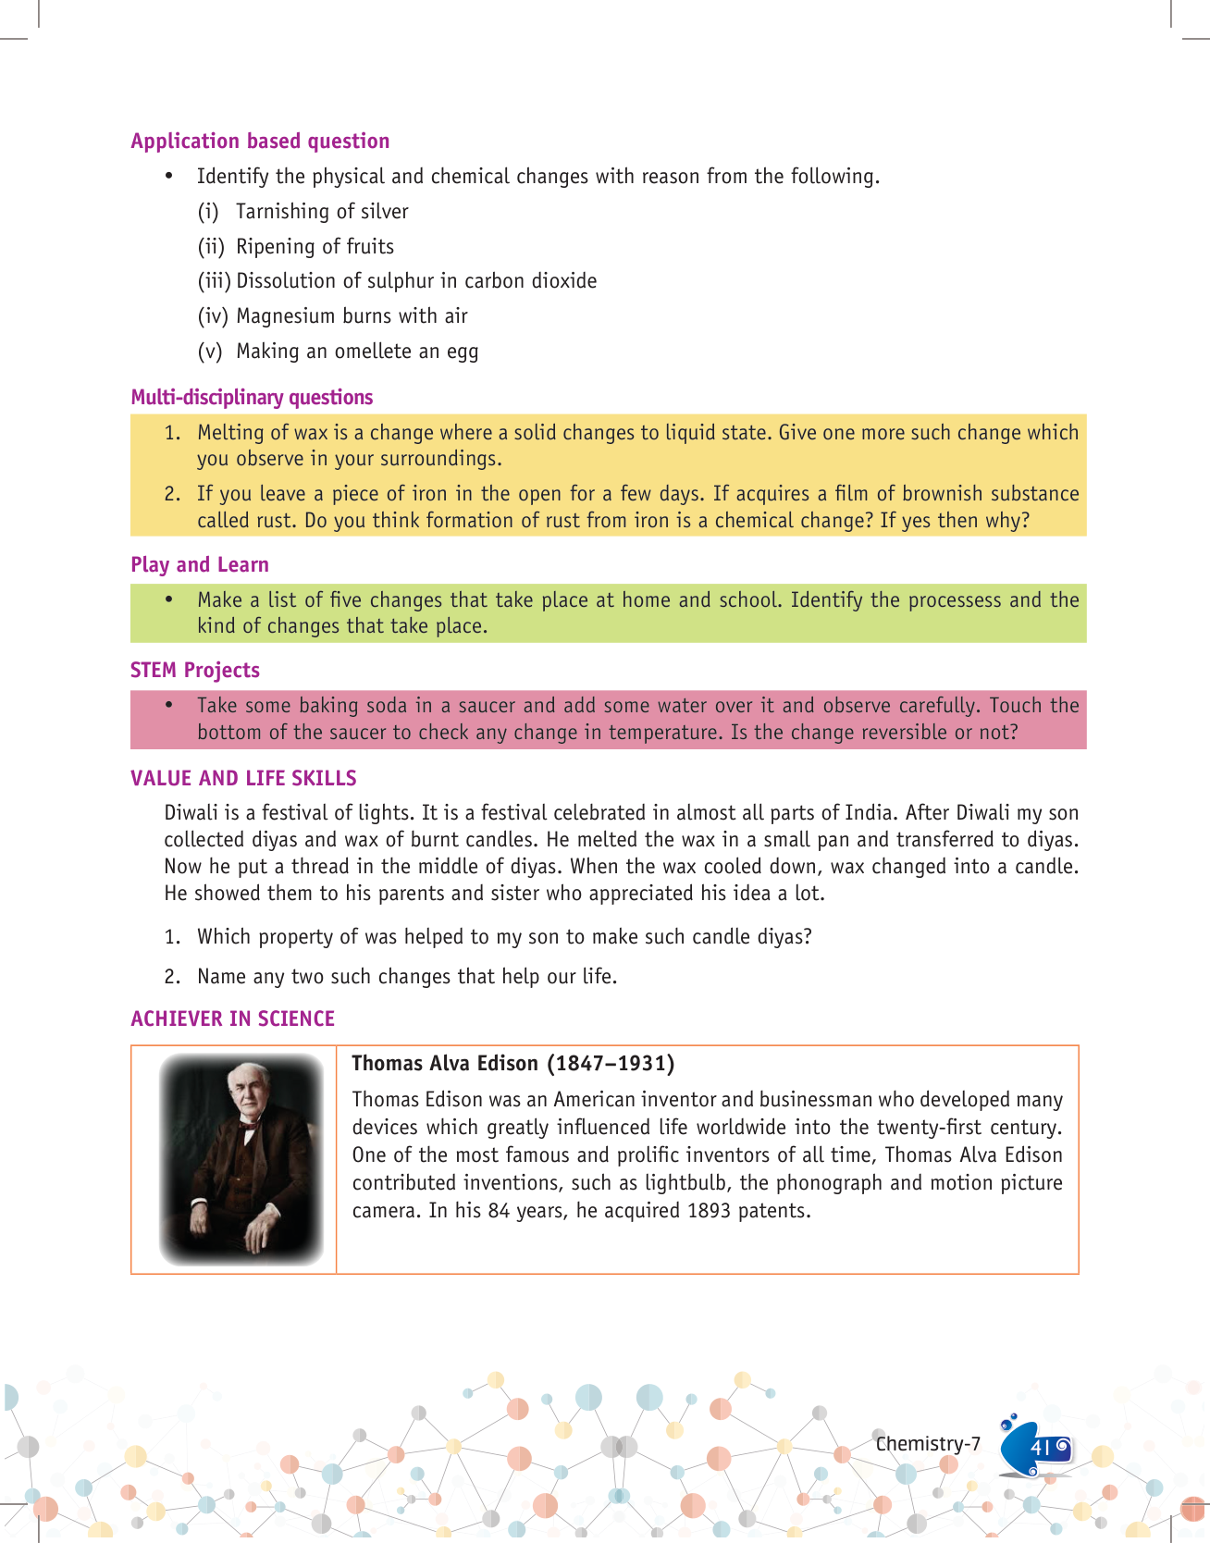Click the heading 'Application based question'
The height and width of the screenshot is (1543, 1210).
point(260,141)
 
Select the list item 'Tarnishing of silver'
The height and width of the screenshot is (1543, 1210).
point(322,212)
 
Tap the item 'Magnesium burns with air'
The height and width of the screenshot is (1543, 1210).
point(352,316)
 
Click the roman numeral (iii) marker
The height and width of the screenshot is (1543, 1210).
point(214,281)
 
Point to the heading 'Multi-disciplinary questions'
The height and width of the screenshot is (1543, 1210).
point(252,397)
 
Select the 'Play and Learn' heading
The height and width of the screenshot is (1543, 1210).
point(200,564)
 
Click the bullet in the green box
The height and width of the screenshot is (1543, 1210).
point(169,599)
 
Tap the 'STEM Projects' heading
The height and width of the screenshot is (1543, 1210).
point(195,670)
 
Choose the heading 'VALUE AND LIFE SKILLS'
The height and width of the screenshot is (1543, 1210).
point(243,778)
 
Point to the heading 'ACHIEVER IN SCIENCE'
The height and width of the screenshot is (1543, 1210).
point(233,1018)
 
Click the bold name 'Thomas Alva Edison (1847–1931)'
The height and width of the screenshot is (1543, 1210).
point(513,1063)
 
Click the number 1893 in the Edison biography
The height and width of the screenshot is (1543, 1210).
point(709,1210)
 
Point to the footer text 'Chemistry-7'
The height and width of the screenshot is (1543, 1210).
point(928,1444)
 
